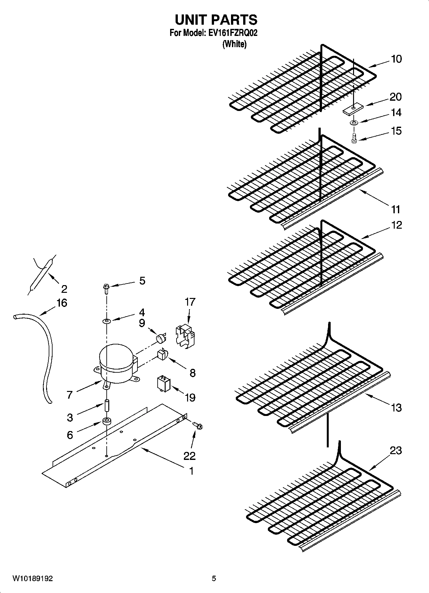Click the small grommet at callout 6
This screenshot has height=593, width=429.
point(106,421)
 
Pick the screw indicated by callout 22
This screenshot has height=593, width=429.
point(198,425)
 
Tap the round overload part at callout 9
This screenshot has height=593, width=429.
point(160,337)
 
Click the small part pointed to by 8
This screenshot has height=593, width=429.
point(161,355)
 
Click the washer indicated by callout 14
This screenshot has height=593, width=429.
point(353,123)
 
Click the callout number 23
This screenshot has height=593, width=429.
point(396,451)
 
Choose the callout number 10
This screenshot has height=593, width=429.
point(396,59)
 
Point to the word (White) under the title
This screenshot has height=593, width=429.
point(235,44)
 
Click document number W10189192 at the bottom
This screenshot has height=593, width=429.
point(33,579)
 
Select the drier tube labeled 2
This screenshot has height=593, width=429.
point(41,274)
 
